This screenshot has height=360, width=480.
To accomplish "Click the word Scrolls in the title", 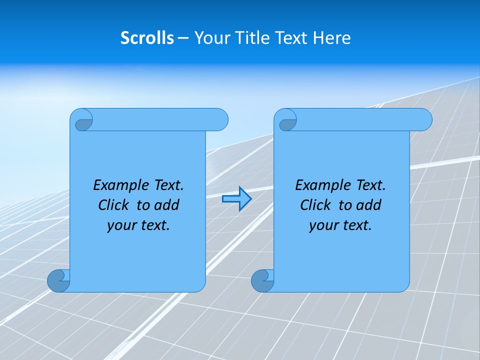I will tap(147, 38).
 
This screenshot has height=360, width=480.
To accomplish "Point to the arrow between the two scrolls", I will tap(236, 199).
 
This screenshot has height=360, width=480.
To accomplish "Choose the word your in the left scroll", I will tap(120, 225).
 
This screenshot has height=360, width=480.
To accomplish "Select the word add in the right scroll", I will tap(369, 205).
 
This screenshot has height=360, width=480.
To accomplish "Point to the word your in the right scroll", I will tap(322, 225).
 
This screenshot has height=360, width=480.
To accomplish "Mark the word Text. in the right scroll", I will tap(370, 185).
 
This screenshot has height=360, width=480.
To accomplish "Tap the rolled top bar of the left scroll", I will tap(155, 119).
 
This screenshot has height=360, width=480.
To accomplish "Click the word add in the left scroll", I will tap(167, 205).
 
